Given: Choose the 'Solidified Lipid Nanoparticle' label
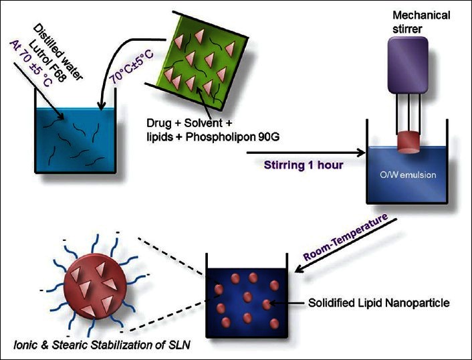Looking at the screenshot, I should [x=378, y=303].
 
